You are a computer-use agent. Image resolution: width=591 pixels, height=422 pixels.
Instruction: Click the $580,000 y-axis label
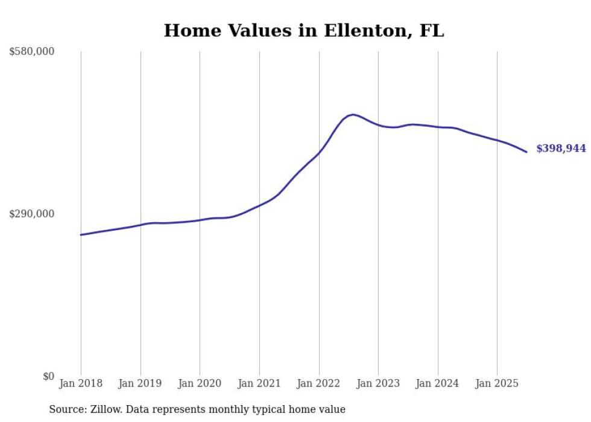tap(31, 52)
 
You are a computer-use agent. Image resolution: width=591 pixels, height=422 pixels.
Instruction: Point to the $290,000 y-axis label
tap(31, 214)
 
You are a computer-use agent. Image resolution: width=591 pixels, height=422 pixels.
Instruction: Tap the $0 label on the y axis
tap(48, 377)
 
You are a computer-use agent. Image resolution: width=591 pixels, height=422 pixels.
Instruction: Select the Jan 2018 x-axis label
tap(81, 383)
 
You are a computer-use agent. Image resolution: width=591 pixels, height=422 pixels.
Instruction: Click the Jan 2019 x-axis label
tap(141, 383)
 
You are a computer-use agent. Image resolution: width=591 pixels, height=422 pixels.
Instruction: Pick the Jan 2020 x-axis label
tap(200, 383)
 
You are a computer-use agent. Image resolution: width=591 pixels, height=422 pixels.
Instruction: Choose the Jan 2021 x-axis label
tap(259, 383)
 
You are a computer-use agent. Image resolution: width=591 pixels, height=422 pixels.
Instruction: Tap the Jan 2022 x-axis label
tap(319, 383)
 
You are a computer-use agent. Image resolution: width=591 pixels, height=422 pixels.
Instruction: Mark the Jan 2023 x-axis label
tap(378, 383)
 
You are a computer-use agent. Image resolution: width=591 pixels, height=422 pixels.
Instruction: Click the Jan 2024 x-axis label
tap(438, 383)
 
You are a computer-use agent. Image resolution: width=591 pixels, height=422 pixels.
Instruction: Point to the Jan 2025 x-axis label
tap(497, 383)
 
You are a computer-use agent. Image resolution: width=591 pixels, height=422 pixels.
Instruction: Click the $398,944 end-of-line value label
tap(561, 149)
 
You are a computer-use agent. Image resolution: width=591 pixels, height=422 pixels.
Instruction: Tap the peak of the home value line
tap(353, 114)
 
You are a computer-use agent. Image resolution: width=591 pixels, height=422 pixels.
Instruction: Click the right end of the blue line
tap(526, 152)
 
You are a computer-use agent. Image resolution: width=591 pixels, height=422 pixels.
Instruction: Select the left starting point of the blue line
tap(81, 235)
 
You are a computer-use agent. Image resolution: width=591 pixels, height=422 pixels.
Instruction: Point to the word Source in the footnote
tap(66, 410)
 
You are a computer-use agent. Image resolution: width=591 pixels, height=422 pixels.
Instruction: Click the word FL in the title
tap(432, 31)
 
